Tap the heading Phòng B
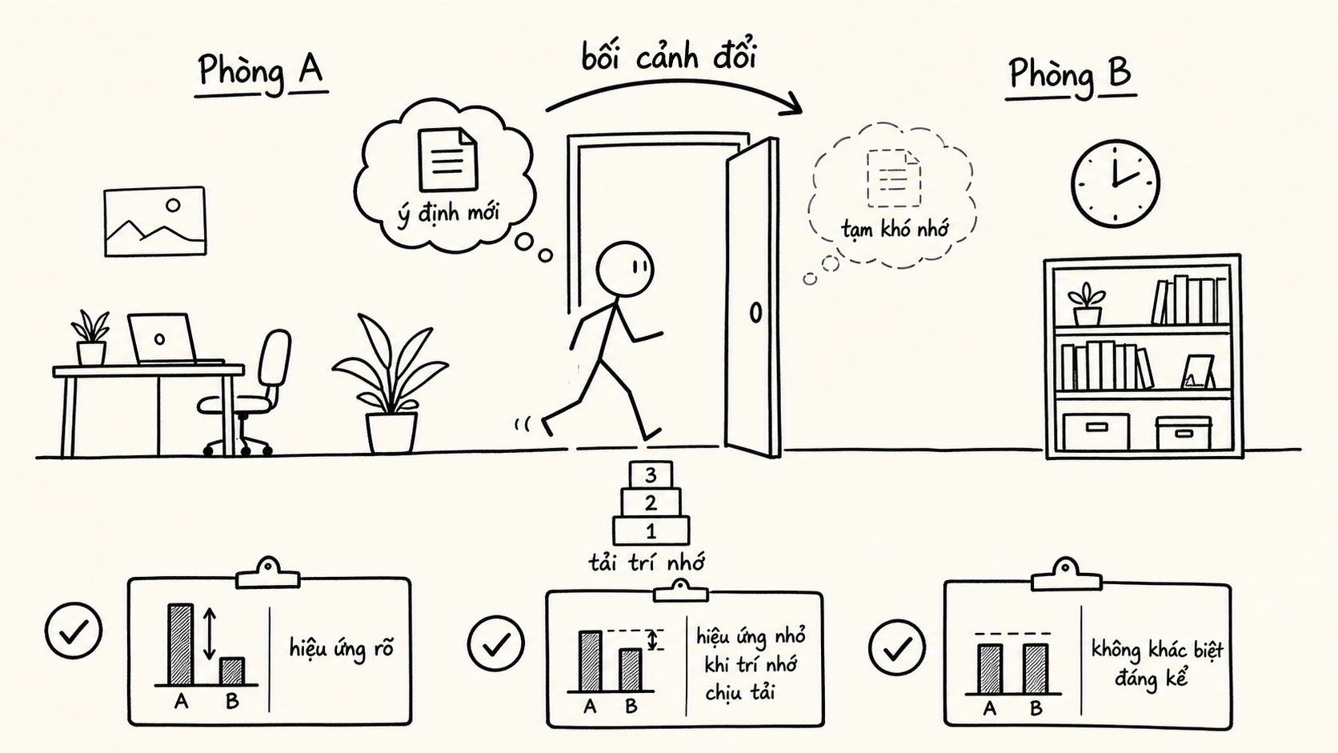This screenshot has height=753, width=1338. pos(1071,78)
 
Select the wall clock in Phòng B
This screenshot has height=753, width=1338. pos(1116,183)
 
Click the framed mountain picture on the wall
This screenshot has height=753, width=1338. pos(155,222)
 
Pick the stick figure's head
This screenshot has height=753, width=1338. pos(626,270)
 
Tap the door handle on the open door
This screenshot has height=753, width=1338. pos(755,312)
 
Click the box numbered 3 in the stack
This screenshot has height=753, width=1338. pos(651,475)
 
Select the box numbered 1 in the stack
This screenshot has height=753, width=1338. pos(651,531)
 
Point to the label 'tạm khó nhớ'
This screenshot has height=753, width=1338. pos(894,229)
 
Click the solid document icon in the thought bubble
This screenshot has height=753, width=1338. pos(448,159)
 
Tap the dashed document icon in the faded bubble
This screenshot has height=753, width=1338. pos(894,178)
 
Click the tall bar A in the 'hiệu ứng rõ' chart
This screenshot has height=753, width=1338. pos(181,644)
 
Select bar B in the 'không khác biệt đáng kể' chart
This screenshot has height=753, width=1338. pos(1036,669)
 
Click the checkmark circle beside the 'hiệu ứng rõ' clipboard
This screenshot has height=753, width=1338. pos(74,631)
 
